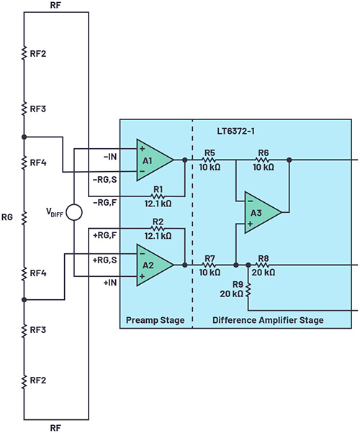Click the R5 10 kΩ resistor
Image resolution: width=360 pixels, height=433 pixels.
pos(210,160)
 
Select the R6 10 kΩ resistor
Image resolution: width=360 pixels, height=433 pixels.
pos(264,160)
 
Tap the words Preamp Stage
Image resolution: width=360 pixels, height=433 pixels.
pos(155,319)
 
